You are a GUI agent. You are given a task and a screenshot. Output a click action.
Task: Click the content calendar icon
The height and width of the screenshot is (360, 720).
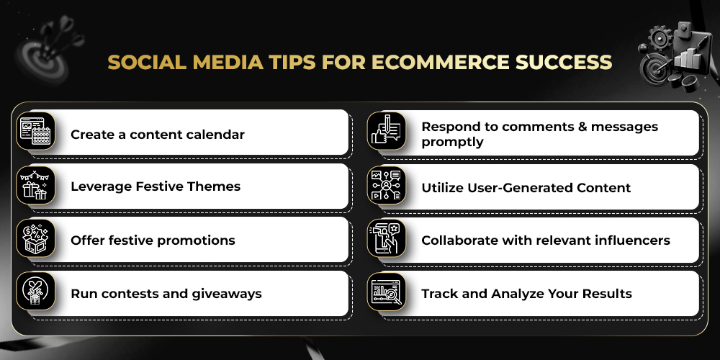coord(35,131)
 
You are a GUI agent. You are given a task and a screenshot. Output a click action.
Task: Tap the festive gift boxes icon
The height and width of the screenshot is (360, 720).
coord(35,185)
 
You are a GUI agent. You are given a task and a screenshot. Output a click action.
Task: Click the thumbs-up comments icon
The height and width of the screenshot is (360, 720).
coord(386,130)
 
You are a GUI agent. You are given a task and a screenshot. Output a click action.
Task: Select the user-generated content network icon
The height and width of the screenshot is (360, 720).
coord(386,185)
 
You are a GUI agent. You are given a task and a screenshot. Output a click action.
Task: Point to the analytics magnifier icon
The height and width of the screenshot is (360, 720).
coord(386,292)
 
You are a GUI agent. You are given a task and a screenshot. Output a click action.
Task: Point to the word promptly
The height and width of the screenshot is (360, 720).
coord(452,143)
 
